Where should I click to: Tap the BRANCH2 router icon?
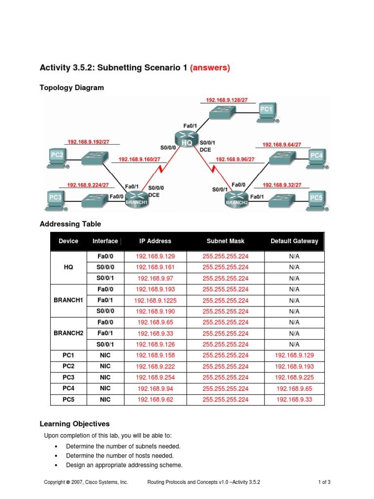click(237, 199)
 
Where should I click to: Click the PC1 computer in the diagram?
click(266, 112)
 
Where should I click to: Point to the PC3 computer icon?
click(56, 199)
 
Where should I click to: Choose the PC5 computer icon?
click(316, 200)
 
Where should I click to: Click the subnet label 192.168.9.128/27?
click(227, 100)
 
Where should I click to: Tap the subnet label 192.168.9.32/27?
click(282, 185)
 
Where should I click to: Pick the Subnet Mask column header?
click(225, 241)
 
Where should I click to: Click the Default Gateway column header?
click(294, 241)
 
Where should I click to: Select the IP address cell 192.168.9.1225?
click(155, 301)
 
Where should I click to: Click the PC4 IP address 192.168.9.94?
click(155, 388)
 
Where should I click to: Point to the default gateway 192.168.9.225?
click(294, 378)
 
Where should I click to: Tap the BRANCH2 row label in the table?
click(69, 333)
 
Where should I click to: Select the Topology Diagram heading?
click(72, 88)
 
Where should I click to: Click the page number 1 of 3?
click(324, 482)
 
